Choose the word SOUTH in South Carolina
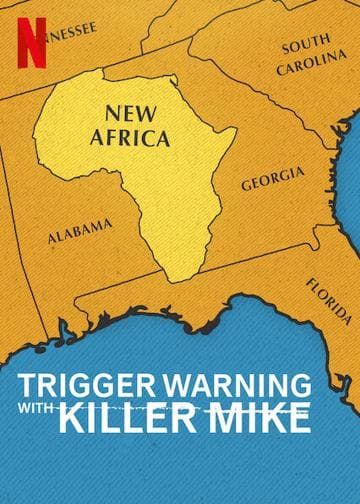[306, 46]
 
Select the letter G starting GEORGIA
[245, 187]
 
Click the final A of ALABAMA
[107, 224]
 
